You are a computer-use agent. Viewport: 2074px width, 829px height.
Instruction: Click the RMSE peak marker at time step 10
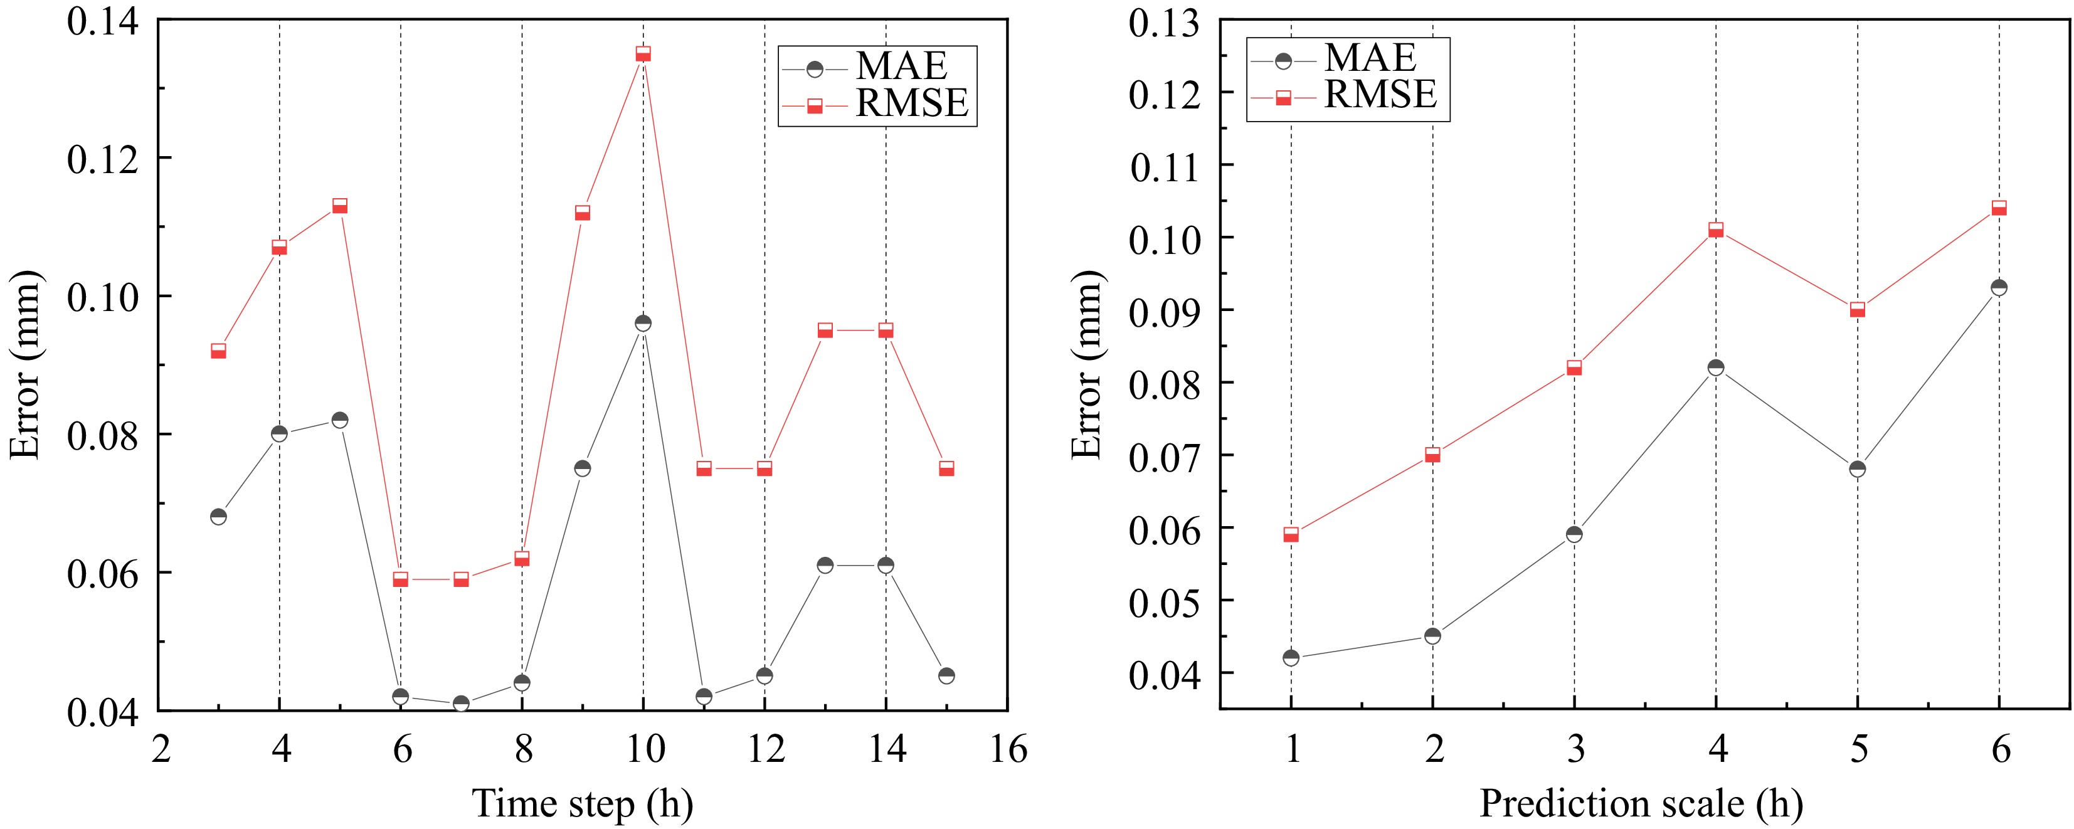(642, 54)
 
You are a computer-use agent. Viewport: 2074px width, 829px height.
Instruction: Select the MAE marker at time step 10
(642, 323)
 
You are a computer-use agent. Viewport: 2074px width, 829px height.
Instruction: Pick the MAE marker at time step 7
(460, 704)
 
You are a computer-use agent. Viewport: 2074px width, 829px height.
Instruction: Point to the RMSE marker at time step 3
(218, 351)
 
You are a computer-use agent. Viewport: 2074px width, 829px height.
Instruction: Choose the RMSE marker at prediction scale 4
(1716, 230)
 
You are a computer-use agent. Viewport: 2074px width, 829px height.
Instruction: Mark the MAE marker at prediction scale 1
(1291, 658)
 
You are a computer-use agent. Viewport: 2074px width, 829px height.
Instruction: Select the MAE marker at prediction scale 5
(1858, 468)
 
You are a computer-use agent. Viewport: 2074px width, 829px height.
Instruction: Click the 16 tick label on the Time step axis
(1007, 750)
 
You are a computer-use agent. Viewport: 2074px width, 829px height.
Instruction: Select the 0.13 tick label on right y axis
(1164, 23)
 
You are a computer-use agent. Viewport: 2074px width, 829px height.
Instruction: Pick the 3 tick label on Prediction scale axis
(1575, 750)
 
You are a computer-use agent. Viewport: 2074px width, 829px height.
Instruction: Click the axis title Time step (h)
(582, 804)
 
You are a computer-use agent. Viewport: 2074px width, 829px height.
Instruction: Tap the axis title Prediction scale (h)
(1641, 804)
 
